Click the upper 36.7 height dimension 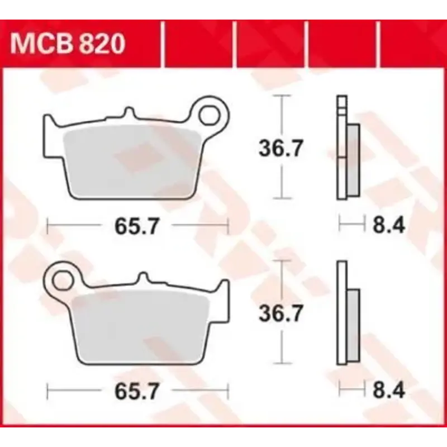(x=280, y=148)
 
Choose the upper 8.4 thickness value (x=388, y=226)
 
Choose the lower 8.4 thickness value (x=388, y=390)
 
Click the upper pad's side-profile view (x=346, y=148)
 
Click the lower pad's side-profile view (x=346, y=313)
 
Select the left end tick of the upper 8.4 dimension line (x=340, y=226)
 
